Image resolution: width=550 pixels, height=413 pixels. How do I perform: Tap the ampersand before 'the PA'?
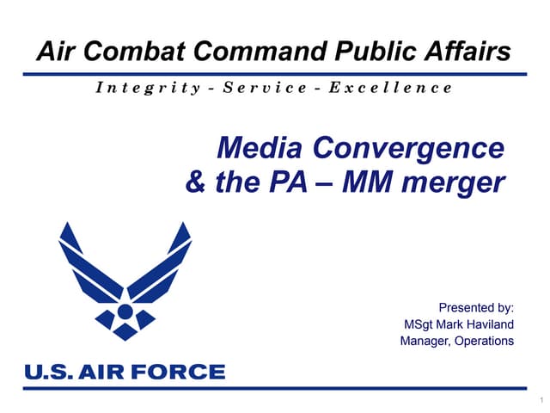click(195, 182)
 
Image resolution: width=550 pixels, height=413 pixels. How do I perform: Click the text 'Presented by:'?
click(476, 307)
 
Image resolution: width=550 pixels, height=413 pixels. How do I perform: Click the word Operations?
click(486, 341)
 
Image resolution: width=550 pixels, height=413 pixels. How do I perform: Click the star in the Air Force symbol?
click(125, 311)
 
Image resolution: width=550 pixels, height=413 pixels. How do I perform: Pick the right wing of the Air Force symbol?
click(162, 267)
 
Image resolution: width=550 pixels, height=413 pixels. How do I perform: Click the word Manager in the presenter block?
click(426, 341)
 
